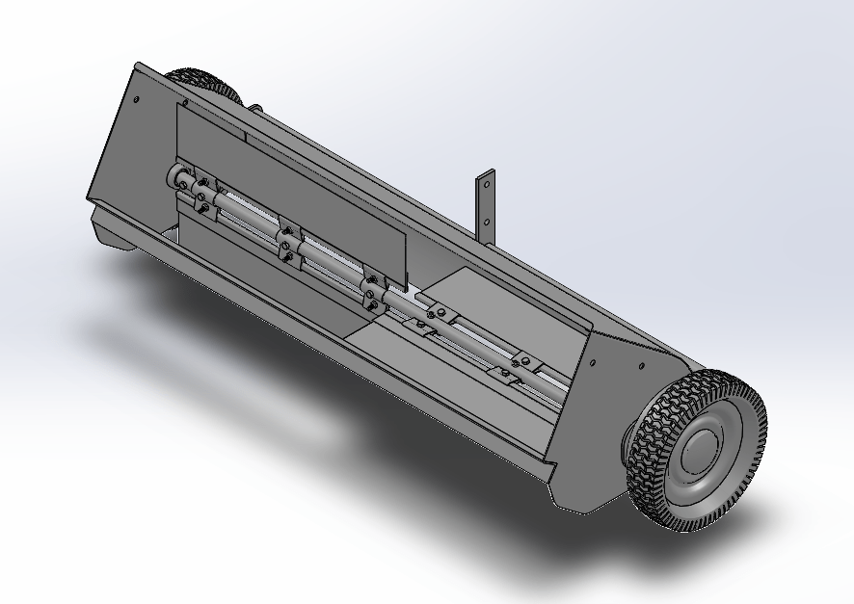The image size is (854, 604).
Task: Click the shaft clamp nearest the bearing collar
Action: pos(202,191)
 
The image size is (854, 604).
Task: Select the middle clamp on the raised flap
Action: pos(286,242)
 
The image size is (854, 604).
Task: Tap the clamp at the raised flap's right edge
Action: pos(371,290)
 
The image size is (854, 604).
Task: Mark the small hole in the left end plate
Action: pos(137,97)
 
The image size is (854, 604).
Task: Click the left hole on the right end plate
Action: pos(593,363)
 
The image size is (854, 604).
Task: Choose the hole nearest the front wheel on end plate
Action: pos(639,365)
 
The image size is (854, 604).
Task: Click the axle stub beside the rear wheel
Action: pos(255,107)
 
